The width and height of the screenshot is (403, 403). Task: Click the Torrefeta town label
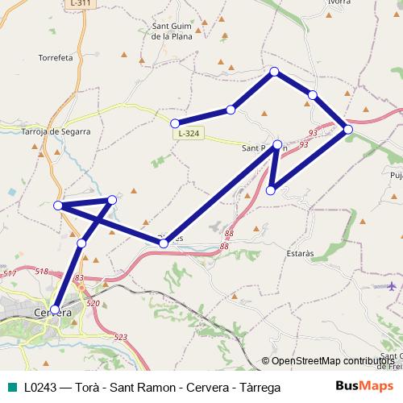click(56, 58)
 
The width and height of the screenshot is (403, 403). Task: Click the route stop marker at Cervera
click(55, 309)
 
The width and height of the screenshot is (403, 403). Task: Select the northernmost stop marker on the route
click(275, 72)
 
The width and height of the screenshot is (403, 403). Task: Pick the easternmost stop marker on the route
click(347, 128)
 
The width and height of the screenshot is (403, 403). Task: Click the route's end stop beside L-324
click(175, 123)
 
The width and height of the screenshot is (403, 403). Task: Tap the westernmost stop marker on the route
click(58, 206)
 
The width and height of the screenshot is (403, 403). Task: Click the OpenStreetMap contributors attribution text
click(331, 361)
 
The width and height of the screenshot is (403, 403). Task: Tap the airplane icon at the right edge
click(393, 286)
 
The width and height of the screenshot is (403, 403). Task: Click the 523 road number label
click(121, 337)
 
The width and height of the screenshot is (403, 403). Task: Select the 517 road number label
click(10, 275)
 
